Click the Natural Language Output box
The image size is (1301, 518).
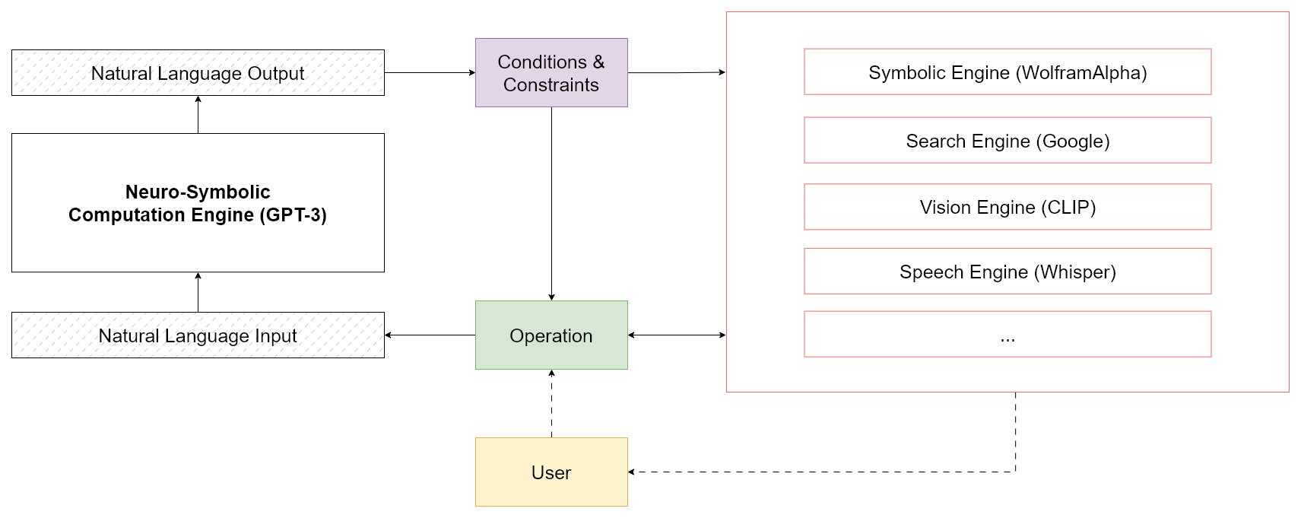point(198,73)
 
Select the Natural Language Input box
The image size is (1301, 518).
point(198,335)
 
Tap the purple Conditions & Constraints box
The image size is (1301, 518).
point(551,73)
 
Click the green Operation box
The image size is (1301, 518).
point(551,335)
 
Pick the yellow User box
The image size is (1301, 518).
point(551,472)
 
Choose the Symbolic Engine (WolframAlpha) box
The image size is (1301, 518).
point(1007,72)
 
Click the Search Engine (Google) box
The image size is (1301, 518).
point(1007,141)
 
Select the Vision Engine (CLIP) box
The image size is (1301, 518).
point(1007,207)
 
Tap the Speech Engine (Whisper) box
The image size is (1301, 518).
point(1007,272)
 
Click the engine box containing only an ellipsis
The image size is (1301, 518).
point(1007,335)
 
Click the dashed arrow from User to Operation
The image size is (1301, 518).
point(551,403)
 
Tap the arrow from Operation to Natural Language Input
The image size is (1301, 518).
point(430,335)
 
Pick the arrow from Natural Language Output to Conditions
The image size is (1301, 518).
point(430,73)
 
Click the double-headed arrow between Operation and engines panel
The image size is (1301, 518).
point(677,335)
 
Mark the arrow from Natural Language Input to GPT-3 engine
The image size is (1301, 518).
point(198,292)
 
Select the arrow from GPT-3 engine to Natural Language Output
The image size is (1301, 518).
point(198,114)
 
